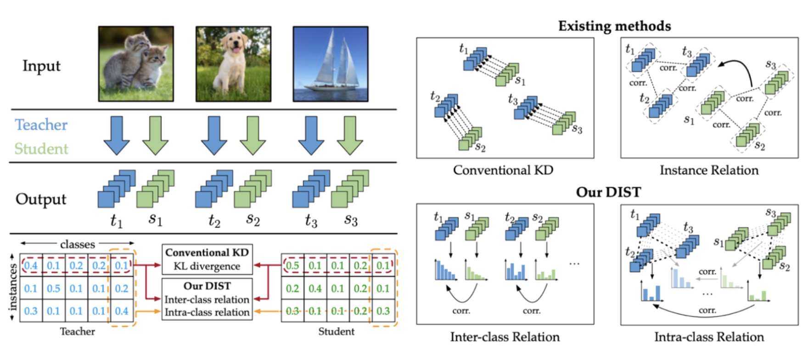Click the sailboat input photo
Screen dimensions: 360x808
[x=331, y=64]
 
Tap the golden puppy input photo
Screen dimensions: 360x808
[x=233, y=64]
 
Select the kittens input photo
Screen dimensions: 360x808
[x=136, y=64]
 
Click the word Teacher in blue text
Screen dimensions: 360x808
[x=41, y=125]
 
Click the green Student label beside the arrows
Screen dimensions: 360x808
[x=41, y=149]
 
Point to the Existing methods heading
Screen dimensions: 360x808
[x=614, y=26]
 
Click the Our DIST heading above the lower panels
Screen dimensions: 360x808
[x=608, y=191]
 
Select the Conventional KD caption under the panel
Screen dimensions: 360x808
[x=503, y=170]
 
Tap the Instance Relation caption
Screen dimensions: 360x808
[x=709, y=170]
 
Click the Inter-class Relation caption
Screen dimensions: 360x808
[x=505, y=337]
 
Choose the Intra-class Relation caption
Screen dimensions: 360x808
[x=709, y=337]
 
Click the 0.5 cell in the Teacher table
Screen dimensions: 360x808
[x=53, y=288]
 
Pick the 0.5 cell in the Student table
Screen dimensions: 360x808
[x=292, y=265]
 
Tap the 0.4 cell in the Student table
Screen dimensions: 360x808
[x=314, y=288]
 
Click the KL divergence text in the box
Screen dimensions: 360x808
[x=207, y=266]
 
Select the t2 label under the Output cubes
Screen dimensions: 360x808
[x=214, y=221]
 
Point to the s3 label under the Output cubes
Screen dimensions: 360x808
[x=351, y=220]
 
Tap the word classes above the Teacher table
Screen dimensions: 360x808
[x=77, y=244]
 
